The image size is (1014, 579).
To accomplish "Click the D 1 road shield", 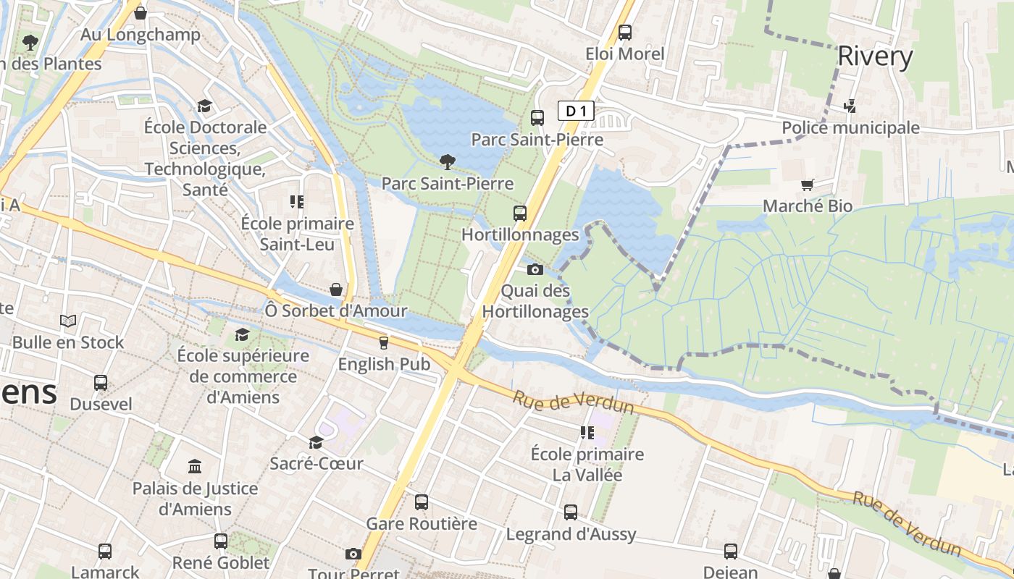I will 577,111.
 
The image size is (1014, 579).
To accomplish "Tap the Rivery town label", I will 875,56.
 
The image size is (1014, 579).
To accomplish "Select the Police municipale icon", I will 850,106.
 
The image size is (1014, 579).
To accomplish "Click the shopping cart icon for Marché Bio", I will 808,185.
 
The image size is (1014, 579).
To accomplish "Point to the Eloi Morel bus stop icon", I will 624,33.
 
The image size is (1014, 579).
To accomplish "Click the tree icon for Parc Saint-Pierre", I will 448,162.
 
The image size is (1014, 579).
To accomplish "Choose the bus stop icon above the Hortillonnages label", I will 520,214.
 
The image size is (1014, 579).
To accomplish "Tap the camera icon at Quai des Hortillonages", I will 535,270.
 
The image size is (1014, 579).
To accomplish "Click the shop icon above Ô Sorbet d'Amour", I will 336,289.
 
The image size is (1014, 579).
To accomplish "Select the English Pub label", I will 384,364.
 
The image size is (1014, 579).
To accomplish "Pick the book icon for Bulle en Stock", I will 68,321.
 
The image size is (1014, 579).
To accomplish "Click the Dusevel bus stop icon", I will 101,383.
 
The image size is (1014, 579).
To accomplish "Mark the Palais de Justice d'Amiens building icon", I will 194,467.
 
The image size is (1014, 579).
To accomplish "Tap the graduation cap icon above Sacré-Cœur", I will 316,442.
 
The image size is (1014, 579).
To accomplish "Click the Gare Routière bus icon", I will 421,502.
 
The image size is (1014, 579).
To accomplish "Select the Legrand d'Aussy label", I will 571,535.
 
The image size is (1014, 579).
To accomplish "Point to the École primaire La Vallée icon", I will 587,433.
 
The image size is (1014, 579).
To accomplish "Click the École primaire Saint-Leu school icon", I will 297,202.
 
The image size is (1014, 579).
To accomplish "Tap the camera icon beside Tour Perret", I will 353,554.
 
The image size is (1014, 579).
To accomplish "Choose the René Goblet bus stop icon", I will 221,541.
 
